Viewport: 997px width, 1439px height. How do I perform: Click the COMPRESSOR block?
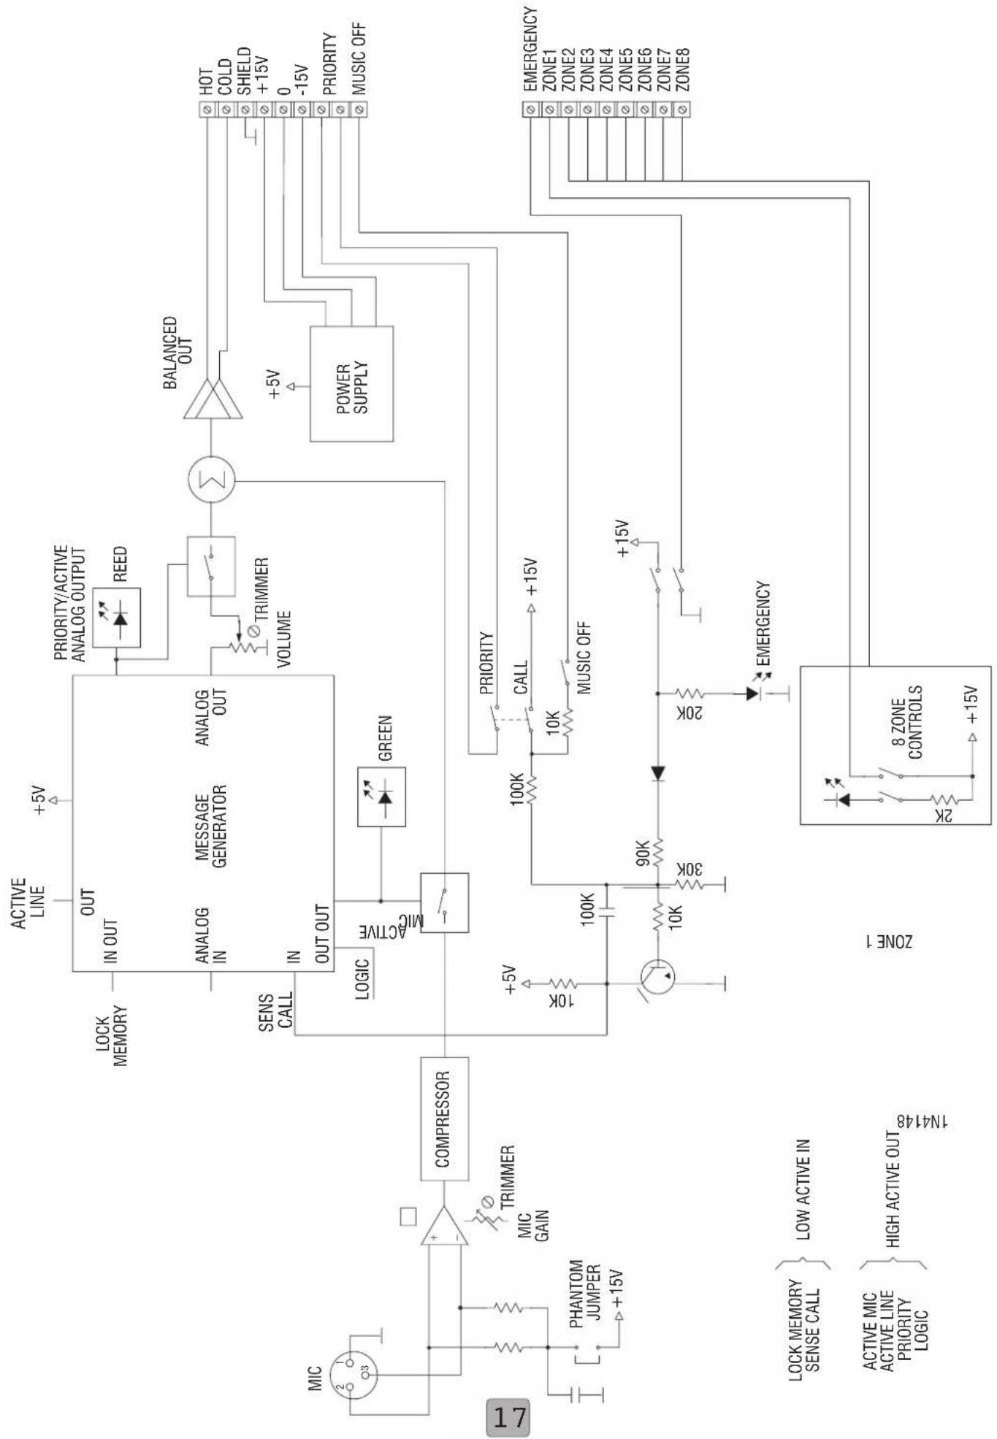coord(444,1118)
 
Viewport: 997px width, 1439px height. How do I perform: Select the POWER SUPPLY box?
coord(351,383)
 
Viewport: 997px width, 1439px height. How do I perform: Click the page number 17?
coord(508,1417)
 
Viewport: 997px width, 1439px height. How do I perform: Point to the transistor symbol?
coord(657,977)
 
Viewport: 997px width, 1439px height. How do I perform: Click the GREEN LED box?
coord(381,797)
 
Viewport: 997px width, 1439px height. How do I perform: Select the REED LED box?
coord(117,618)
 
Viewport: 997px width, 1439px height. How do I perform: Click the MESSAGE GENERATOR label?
coord(211,826)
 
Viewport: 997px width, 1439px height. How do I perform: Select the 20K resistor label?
coord(690,713)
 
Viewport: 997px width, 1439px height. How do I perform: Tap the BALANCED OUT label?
coord(178,353)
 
